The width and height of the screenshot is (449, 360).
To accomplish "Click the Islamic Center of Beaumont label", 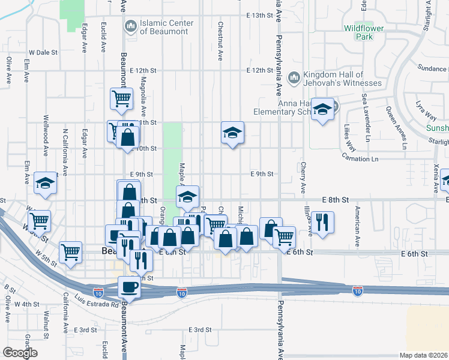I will (x=166, y=27).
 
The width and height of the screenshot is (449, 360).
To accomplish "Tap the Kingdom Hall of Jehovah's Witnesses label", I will (x=342, y=79).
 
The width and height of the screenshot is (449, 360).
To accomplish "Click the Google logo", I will (x=19, y=352).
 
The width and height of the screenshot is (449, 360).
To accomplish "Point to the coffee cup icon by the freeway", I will (x=130, y=287).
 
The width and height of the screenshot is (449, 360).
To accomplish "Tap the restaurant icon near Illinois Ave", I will (x=322, y=223).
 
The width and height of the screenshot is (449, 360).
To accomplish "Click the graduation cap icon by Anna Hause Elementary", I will (x=322, y=110).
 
